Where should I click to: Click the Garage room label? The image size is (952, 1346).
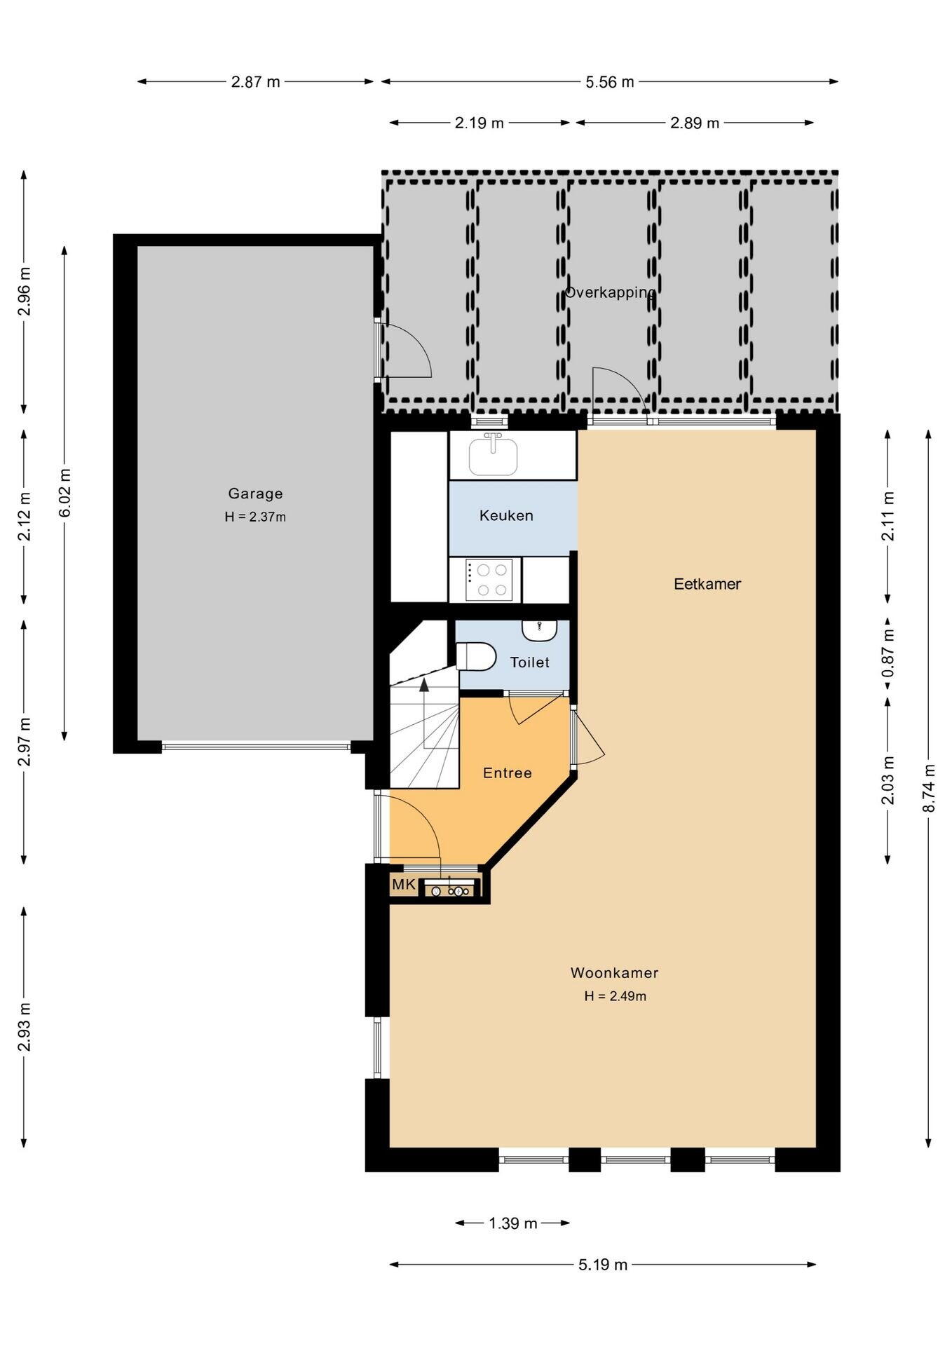(255, 494)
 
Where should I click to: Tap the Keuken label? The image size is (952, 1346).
(506, 515)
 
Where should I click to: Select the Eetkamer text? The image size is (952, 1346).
(707, 584)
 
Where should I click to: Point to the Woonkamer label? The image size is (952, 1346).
(614, 972)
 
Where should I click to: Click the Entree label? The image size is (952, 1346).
(508, 773)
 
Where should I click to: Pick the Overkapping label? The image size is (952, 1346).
(610, 292)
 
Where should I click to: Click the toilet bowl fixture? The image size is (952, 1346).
(476, 657)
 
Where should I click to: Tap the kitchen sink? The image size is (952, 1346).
(494, 456)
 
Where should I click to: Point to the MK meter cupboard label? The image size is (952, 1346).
(404, 885)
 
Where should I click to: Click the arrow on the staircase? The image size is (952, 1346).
(424, 712)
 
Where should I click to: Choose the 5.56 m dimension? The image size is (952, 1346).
(610, 82)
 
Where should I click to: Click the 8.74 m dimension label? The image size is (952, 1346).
(929, 788)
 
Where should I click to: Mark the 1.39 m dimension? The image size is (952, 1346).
(512, 1223)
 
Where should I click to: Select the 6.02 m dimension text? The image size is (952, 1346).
(64, 493)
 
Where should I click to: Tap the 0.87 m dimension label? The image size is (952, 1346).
(888, 653)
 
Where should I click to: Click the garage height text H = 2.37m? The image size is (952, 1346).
(255, 517)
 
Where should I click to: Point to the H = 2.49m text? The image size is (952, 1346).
(616, 996)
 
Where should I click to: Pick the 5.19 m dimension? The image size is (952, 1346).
(603, 1265)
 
